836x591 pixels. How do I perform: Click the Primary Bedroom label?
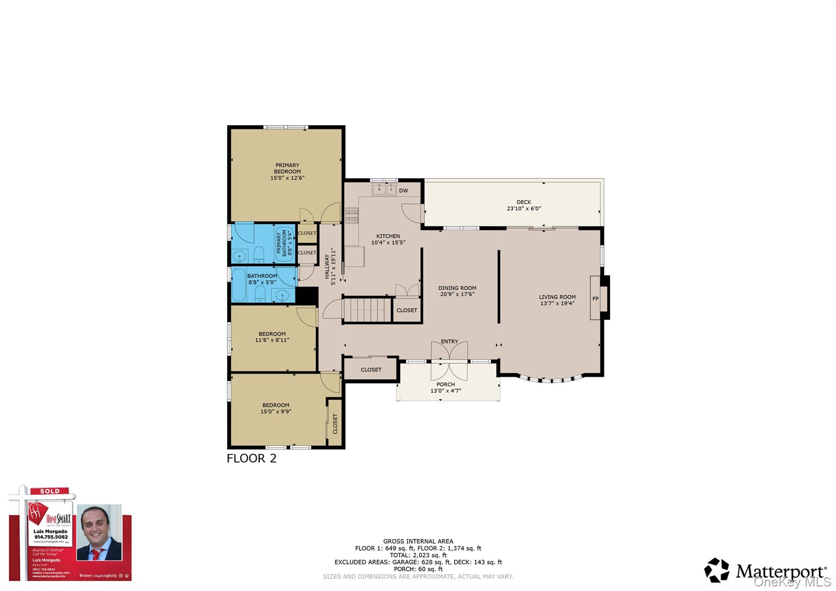point(287,168)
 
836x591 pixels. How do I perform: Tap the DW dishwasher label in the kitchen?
point(403,191)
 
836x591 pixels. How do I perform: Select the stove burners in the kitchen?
point(352,216)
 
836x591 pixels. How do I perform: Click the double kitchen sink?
point(384,189)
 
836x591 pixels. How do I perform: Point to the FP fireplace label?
point(595,299)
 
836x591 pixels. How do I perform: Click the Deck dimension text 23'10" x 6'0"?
point(524,208)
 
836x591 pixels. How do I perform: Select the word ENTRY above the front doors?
point(449,341)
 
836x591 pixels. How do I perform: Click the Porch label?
point(445,384)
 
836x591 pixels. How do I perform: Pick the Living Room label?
point(557,297)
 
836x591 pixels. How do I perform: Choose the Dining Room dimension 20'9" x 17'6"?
point(457,294)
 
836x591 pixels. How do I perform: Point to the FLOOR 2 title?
point(251,458)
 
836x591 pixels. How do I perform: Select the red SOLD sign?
point(50,491)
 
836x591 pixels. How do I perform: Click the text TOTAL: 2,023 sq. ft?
point(418,555)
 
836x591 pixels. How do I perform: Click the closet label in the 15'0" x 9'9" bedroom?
point(335,424)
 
